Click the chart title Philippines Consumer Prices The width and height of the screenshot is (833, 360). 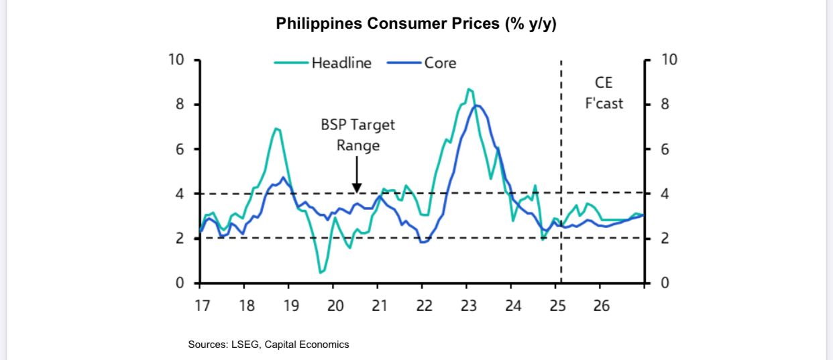point(416,23)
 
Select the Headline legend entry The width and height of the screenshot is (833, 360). point(341,63)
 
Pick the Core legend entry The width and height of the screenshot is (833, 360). point(439,63)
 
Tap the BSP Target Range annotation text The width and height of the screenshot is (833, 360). point(357,135)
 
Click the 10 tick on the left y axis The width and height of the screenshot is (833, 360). point(176,60)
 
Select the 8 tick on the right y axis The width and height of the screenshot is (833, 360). point(665,105)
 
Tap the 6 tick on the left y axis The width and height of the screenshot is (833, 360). point(180,149)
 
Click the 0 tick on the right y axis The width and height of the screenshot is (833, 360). point(665,283)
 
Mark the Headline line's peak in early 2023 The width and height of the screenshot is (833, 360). point(469,88)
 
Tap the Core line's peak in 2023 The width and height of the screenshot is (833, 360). point(477,105)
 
